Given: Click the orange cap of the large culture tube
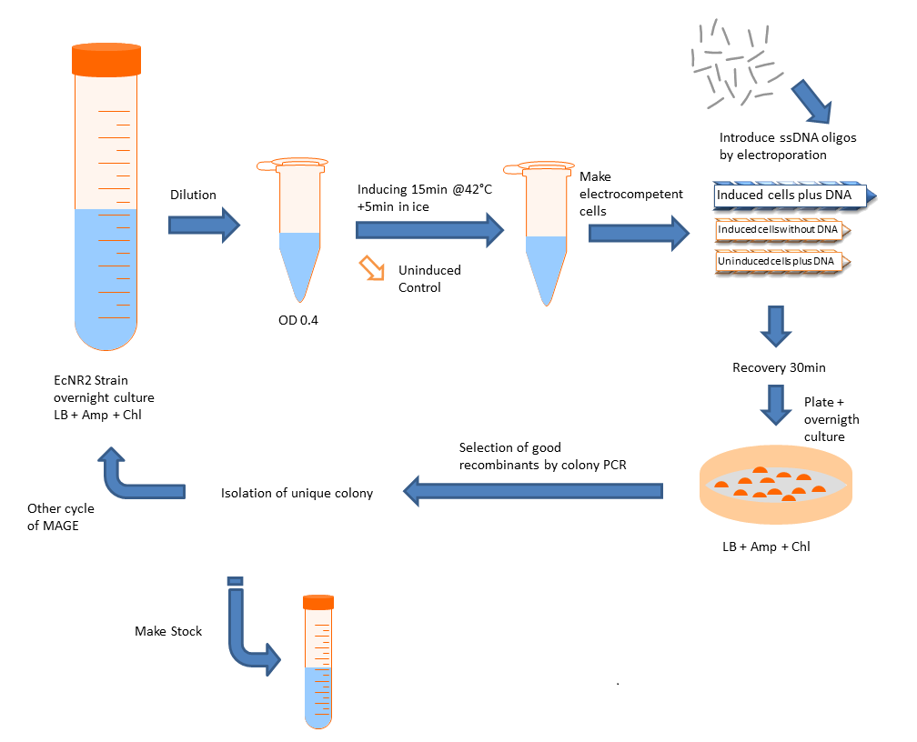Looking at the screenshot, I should (106, 59).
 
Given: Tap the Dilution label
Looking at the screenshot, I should (193, 195).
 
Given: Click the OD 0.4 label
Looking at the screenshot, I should (299, 319).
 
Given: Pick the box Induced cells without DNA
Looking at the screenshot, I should (778, 230).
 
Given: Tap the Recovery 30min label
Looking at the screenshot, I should (774, 368).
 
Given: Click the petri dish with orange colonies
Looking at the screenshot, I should (776, 489).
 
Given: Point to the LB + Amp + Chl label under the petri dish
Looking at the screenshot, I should (765, 547).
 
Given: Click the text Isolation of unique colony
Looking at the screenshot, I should (297, 493).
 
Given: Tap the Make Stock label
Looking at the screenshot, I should (168, 631).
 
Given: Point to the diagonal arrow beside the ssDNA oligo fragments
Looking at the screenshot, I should (811, 100).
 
